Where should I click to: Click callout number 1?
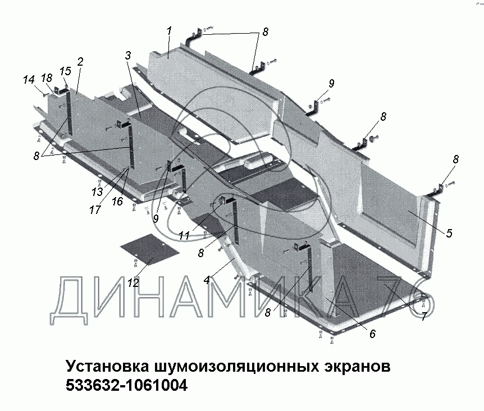(x=169, y=31)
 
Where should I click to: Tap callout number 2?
(x=81, y=62)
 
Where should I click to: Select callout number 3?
(x=128, y=55)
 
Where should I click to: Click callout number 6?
(x=372, y=334)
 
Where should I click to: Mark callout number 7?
(x=424, y=316)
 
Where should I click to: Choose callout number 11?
(x=184, y=236)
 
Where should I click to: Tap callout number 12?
(x=133, y=283)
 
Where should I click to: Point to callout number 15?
(x=65, y=71)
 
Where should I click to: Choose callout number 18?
(x=47, y=79)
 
